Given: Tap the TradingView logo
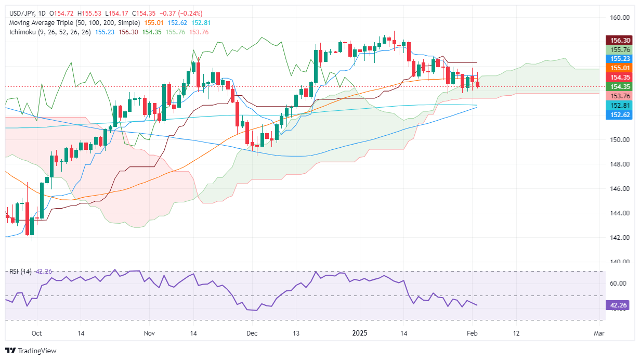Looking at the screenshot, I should pos(31,351).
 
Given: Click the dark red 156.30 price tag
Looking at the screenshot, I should pos(619,40).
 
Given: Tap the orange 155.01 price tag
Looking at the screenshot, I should pos(619,68).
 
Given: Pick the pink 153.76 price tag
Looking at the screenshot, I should pos(619,96).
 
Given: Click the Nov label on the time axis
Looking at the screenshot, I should pos(149,333).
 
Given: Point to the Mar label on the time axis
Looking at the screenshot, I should pos(599,333).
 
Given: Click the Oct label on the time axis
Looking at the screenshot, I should pos(36,333).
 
